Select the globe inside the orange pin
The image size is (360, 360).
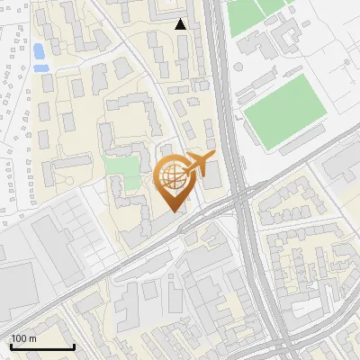click(173, 177)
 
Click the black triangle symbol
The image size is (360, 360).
click(181, 24)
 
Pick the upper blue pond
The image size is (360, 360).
click(39, 50)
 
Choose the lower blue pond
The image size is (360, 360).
click(40, 67)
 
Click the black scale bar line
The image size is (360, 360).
click(41, 347)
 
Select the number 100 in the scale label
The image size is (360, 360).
click(19, 338)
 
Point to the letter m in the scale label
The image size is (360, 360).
click(32, 339)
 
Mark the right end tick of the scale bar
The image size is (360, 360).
click(74, 346)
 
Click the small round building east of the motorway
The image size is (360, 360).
click(238, 116)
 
